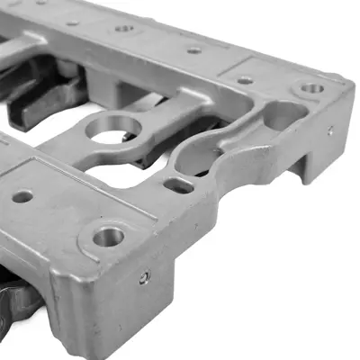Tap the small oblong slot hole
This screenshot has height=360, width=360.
(178, 186)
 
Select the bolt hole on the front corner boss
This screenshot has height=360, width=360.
(107, 237)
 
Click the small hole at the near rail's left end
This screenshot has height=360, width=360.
(22, 195)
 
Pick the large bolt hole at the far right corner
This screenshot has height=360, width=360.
(311, 89)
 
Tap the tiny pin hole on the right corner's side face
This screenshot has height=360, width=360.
(329, 130)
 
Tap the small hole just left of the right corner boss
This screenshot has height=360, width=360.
(245, 80)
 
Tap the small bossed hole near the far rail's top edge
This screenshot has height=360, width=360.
(124, 29)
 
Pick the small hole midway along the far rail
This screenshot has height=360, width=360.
(193, 50)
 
